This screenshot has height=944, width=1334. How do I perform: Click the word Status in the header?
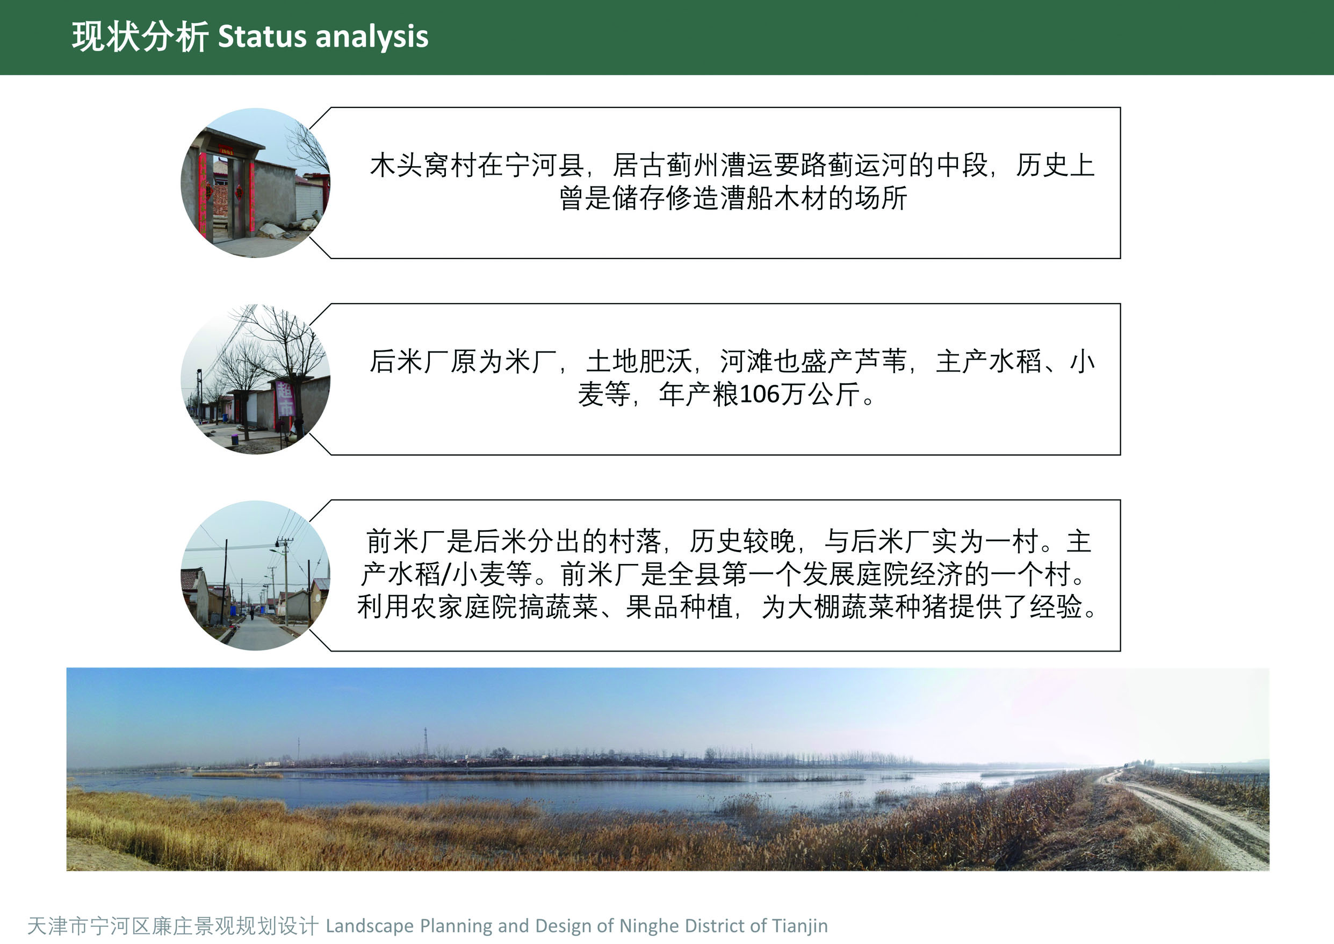click(x=263, y=36)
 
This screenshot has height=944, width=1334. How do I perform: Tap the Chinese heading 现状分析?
click(x=140, y=37)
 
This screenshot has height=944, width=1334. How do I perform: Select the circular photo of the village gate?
click(x=256, y=183)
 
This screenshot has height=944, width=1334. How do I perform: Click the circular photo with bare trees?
click(x=256, y=379)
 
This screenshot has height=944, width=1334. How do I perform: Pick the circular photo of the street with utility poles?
click(x=256, y=575)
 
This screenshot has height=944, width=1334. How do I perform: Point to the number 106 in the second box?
click(x=759, y=394)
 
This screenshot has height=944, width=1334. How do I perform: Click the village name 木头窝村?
click(x=423, y=165)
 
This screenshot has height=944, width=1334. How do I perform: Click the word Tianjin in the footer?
click(x=800, y=926)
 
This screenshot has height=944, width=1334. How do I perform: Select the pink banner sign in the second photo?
click(x=285, y=399)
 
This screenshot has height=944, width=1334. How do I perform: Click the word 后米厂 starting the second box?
click(x=409, y=361)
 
